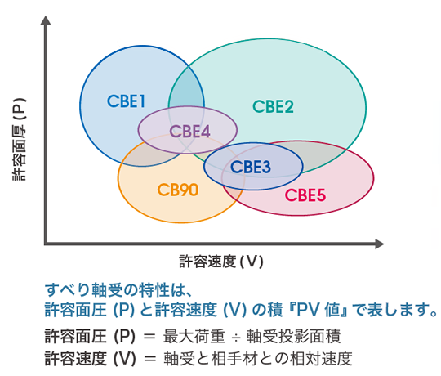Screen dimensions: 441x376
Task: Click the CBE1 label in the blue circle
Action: [126, 101]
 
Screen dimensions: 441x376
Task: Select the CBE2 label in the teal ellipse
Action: [273, 106]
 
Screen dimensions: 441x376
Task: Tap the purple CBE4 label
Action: [189, 132]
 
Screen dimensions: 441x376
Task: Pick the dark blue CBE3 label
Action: [251, 167]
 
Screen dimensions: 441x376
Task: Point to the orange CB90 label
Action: [178, 190]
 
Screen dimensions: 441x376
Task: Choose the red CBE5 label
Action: [305, 195]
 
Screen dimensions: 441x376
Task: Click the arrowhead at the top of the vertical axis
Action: [46, 20]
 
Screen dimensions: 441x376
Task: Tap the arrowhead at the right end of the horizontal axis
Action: [380, 244]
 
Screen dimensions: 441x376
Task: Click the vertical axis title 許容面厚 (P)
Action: [19, 139]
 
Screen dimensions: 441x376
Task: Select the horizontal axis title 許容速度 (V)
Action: [221, 262]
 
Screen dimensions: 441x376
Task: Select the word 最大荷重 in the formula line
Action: [194, 336]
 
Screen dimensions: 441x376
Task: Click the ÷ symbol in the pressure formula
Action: [236, 337]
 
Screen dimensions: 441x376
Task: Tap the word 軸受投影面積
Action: [294, 336]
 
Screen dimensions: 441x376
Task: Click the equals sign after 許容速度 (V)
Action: [149, 359]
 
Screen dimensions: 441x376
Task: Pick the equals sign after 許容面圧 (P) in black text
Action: [149, 337]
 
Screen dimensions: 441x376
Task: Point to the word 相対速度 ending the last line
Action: [321, 358]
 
